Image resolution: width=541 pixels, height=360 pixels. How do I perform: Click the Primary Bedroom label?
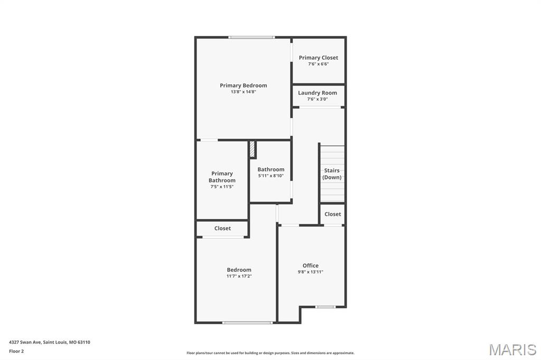click(x=243, y=86)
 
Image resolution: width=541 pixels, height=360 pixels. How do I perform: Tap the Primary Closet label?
click(x=318, y=58)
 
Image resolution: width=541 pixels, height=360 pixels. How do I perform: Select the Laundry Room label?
click(x=318, y=93)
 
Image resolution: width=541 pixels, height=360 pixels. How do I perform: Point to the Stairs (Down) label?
click(x=332, y=174)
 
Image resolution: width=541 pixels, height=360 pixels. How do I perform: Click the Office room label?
click(x=311, y=266)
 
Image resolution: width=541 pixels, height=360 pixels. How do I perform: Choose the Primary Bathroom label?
click(x=222, y=177)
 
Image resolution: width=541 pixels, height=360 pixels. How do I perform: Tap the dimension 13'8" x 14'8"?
click(x=243, y=92)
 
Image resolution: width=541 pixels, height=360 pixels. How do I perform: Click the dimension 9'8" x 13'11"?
click(x=311, y=272)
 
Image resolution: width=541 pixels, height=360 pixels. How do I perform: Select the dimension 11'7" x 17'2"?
click(x=239, y=276)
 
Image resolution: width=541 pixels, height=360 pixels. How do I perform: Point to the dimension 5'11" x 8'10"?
click(x=271, y=176)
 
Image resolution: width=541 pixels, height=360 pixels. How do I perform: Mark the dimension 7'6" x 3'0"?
click(x=318, y=99)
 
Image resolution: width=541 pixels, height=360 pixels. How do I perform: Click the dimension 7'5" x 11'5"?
click(x=222, y=187)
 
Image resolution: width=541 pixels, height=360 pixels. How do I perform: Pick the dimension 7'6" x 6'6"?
click(x=318, y=64)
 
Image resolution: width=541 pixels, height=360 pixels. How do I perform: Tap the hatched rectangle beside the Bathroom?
click(x=253, y=149)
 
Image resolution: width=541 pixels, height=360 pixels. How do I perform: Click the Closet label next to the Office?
click(x=333, y=214)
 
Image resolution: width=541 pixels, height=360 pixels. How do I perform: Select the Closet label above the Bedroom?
click(x=222, y=229)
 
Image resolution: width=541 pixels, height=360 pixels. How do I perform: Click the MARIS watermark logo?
click(x=512, y=349)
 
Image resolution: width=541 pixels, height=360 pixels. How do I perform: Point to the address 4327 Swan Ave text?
click(x=50, y=342)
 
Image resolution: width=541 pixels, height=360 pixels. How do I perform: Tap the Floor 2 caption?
click(x=16, y=351)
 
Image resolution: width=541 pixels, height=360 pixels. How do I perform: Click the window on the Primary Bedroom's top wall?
click(x=251, y=37)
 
